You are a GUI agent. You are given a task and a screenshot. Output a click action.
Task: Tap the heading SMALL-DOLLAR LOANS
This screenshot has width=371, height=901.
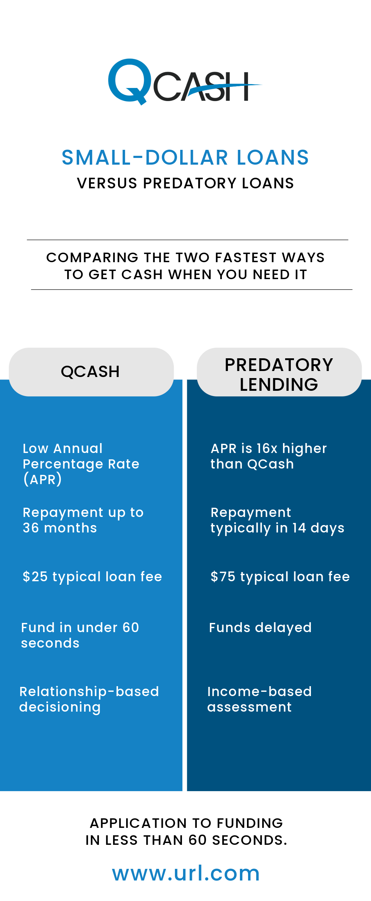(x=185, y=157)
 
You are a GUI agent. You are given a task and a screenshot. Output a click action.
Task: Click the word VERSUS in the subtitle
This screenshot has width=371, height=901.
(x=107, y=183)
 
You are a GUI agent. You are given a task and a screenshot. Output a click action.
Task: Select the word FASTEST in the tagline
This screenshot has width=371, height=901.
(x=245, y=258)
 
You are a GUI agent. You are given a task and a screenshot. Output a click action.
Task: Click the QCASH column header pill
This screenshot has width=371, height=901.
(x=91, y=372)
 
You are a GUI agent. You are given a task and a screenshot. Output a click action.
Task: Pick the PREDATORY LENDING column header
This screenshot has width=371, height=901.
(x=279, y=374)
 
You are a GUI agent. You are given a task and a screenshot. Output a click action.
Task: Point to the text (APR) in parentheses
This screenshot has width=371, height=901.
(x=42, y=479)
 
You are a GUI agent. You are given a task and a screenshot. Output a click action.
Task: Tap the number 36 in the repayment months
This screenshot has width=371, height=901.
(x=31, y=528)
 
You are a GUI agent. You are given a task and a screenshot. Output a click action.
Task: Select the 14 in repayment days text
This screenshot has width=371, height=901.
(x=299, y=528)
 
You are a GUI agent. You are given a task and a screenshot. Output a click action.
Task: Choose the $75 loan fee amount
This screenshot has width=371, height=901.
(x=223, y=577)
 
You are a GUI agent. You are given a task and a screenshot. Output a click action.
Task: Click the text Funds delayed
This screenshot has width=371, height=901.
(x=260, y=628)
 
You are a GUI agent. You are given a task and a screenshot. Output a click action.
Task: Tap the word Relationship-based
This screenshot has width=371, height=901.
(x=89, y=691)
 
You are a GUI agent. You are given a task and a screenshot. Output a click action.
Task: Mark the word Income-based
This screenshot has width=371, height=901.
(x=259, y=691)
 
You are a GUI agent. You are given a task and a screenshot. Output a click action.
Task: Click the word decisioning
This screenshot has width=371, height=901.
(x=60, y=707)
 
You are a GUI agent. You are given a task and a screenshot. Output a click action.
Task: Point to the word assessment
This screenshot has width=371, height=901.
(x=249, y=707)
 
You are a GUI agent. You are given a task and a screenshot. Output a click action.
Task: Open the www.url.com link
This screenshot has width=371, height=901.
(x=186, y=873)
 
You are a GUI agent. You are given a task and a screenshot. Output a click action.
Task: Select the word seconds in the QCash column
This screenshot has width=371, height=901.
(x=50, y=643)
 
